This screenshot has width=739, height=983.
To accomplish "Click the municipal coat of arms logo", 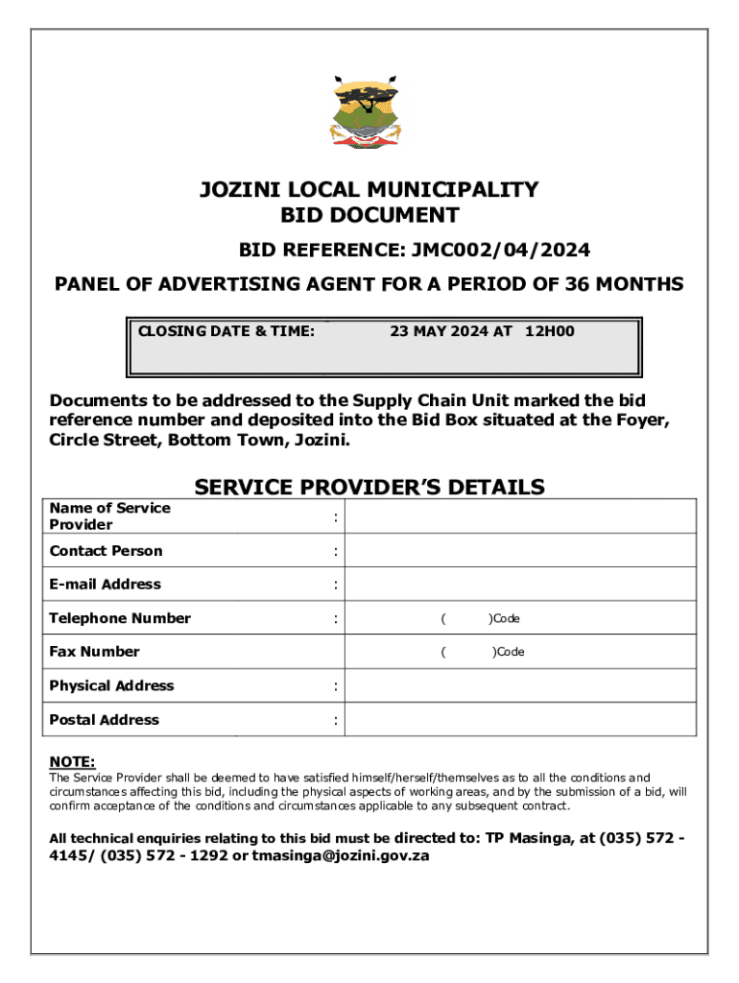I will pos(369,114).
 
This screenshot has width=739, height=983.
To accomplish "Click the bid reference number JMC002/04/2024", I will pos(501,251).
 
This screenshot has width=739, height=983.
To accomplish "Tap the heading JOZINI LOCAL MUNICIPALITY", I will pos(369,189).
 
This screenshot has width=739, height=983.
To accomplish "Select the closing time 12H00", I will pos(549,331).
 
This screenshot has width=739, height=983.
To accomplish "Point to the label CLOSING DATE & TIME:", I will pos(226,331).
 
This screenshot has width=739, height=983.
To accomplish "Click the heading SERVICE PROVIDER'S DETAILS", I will pos(369,487).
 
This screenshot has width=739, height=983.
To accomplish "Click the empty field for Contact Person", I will pos(520,550).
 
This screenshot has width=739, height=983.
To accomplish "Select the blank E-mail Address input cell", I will pos(520,584).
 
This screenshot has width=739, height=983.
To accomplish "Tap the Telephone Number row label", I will pos(120,618).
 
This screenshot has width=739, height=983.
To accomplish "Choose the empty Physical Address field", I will pos(520,685).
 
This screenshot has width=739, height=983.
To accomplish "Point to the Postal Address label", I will pos(105,720).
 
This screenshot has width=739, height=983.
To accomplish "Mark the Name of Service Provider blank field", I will pos(520,516).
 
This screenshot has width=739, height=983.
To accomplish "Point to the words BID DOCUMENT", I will pos(369,216).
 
